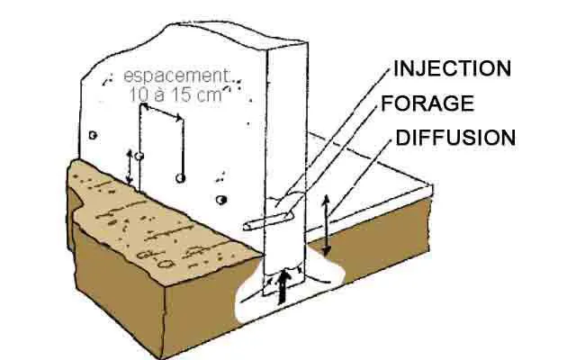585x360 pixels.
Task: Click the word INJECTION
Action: pos(452,68)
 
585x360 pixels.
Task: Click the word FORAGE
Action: pos(427,103)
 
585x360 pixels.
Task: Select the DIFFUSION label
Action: pos(455,138)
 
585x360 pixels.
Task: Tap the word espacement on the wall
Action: pos(176,76)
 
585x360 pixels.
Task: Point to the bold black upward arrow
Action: pos(283,286)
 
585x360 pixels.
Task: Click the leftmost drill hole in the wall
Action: pos(94,136)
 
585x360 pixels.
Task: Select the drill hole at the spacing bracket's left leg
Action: pos(140,156)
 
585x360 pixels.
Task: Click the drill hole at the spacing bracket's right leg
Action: pos(183,178)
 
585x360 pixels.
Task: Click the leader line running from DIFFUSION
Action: pos(360,180)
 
